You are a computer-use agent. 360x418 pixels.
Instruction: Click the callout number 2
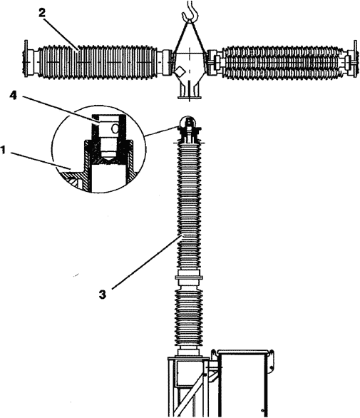coord(42,14)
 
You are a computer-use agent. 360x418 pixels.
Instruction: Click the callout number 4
coord(14,96)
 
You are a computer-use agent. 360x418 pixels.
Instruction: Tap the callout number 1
coord(3,151)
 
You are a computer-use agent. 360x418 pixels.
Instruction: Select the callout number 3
coord(103,295)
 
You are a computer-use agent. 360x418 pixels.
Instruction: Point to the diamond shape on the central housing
coord(180,71)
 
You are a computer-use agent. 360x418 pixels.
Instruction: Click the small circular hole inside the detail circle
coord(115,129)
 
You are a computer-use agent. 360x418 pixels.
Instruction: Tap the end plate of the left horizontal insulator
coord(26,58)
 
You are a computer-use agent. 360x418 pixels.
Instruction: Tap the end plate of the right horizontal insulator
coord(355,59)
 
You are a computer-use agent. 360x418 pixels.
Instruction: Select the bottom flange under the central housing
coord(189,98)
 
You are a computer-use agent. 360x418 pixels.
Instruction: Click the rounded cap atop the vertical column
coord(189,121)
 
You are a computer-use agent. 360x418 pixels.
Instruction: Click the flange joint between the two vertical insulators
coord(189,277)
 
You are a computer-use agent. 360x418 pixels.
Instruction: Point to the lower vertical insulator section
coord(189,317)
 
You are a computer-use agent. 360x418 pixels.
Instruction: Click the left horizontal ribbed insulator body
coord(98,62)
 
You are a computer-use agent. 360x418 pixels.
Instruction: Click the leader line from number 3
coord(148,261)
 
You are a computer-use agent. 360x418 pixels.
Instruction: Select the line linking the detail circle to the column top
coord(163,132)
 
